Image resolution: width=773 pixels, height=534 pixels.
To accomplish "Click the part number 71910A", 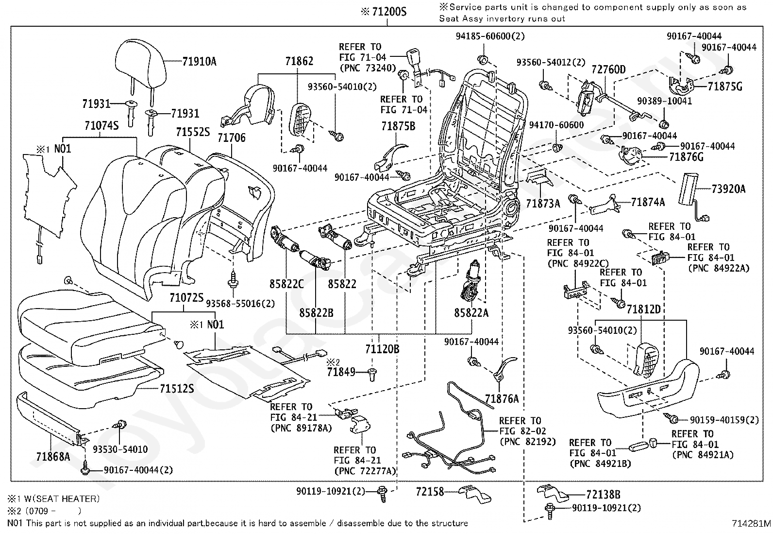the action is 199,62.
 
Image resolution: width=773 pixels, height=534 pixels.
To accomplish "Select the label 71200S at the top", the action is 389,12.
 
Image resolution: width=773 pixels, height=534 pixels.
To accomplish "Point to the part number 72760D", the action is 608,70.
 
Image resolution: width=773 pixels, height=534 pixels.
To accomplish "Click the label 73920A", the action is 728,189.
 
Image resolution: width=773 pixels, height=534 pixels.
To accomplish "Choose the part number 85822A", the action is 471,313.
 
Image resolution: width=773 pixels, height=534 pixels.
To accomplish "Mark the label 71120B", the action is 382,349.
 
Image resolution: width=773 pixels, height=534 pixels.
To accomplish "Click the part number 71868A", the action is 53,457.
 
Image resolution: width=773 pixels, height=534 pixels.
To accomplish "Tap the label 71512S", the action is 177,389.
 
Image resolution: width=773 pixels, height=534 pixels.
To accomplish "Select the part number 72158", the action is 430,491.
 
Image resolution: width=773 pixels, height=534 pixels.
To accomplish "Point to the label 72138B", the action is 603,495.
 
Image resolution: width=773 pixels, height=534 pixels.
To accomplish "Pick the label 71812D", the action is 643,309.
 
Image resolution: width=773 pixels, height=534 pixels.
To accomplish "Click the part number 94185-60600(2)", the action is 490,36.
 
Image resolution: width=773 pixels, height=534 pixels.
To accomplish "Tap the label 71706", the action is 232,138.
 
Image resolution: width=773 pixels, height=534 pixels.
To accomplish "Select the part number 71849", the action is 341,372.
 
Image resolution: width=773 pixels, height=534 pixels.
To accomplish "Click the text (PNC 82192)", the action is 528,442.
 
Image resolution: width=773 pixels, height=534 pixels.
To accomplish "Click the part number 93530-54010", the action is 120,449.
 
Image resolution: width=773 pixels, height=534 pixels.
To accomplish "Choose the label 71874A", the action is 648,202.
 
